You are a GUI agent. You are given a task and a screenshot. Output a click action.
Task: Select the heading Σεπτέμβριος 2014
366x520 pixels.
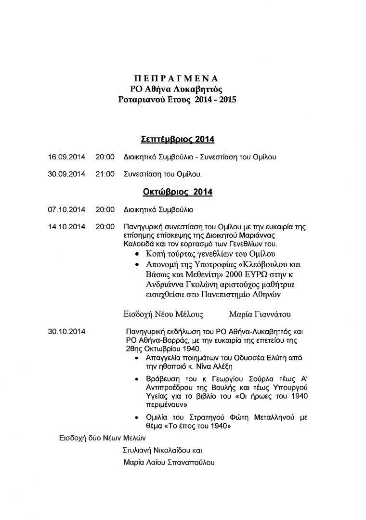click(x=177, y=140)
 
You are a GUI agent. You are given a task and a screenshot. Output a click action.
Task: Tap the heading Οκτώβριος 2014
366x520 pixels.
click(x=177, y=192)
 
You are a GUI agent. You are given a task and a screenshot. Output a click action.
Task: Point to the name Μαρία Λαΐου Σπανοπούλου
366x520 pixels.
click(x=169, y=463)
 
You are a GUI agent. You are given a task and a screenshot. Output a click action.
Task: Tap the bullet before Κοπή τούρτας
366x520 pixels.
click(x=138, y=254)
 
